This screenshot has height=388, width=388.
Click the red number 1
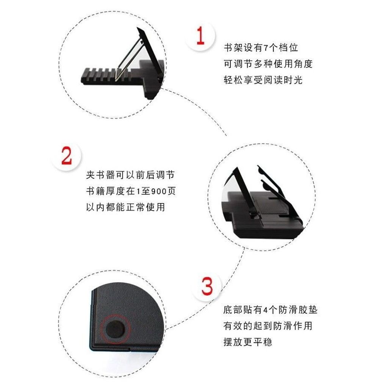[200, 36]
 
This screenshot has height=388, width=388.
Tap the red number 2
[67, 155]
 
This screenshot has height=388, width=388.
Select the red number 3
[207, 286]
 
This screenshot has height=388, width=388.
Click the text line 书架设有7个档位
[261, 47]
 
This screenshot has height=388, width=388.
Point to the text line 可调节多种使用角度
[268, 64]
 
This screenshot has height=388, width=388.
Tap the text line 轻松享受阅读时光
[263, 80]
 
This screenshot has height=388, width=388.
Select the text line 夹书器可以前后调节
[130, 175]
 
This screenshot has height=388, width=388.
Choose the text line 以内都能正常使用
[125, 207]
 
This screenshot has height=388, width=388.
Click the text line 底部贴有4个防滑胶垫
[270, 310]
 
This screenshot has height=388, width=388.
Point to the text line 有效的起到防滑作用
[268, 326]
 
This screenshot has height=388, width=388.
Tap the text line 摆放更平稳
[248, 342]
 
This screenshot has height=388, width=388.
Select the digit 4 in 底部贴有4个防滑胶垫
[265, 310]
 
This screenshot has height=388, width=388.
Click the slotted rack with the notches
[106, 75]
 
